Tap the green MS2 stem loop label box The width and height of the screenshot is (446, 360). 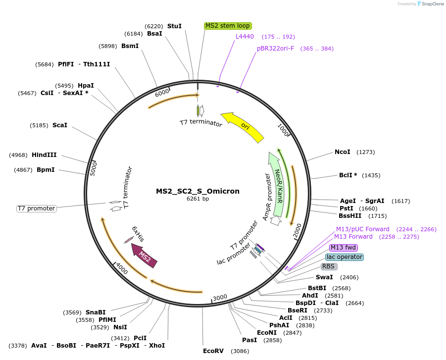pos(228,26)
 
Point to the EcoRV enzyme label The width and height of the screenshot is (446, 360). pos(213,351)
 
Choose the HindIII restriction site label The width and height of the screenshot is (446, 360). pos(44,155)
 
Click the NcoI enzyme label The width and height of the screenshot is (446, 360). pos(342,152)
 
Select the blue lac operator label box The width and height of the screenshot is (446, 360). pos(345,257)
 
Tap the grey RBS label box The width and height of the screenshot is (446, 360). pos(329,266)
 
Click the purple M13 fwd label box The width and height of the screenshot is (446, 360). pos(344,248)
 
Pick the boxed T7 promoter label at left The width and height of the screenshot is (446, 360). pos(37,208)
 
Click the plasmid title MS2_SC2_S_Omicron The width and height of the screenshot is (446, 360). pos(198,191)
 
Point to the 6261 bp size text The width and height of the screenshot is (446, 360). pos(198,199)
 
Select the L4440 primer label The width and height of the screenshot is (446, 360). pos(245,37)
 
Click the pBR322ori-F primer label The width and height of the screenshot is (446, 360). pos(275,49)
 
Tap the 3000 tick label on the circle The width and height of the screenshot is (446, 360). pos(220,297)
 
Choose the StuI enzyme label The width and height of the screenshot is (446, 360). pos(174,26)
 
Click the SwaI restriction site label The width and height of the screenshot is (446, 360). pos(324,277)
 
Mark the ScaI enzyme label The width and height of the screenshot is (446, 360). pos(59,125)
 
